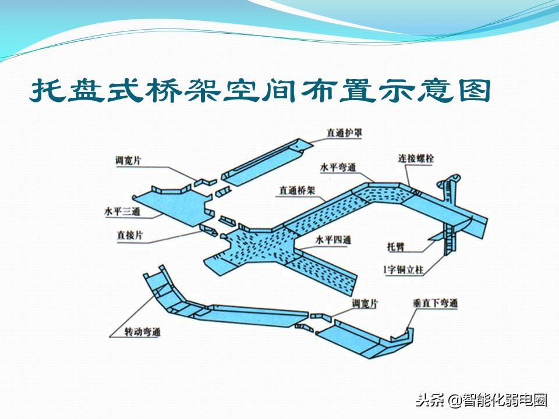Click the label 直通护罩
click(x=345, y=133)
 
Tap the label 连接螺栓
click(x=415, y=158)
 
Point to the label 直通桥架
click(x=297, y=190)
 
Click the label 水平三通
click(x=122, y=212)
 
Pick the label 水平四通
click(x=334, y=239)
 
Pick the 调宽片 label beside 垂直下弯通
click(x=365, y=304)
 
